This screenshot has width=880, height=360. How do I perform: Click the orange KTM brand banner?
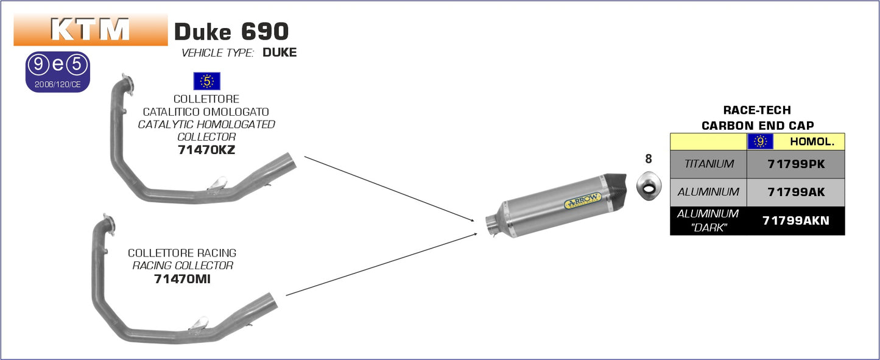point(90,29)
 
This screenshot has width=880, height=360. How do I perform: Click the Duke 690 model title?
point(231,31)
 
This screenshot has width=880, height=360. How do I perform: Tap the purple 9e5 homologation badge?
point(58,72)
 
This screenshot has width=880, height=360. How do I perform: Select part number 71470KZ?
point(206,150)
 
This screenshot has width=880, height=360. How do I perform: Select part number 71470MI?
point(182,279)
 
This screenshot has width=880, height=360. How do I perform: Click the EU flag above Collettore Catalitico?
point(206,81)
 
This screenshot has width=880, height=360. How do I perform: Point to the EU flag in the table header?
point(760,142)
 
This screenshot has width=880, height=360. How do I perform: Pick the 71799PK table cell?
point(795,164)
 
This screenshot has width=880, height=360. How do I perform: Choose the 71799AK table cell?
point(795,192)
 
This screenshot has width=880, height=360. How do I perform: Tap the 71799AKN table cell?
point(795,221)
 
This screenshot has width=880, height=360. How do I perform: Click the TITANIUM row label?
point(708,164)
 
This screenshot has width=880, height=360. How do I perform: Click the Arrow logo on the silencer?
point(583,200)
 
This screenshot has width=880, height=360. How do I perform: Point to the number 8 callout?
point(648,159)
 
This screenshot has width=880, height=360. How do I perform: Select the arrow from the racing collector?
point(381,264)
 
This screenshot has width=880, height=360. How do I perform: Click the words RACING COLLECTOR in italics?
point(183,266)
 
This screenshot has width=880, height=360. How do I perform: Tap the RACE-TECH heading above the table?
point(756,110)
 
